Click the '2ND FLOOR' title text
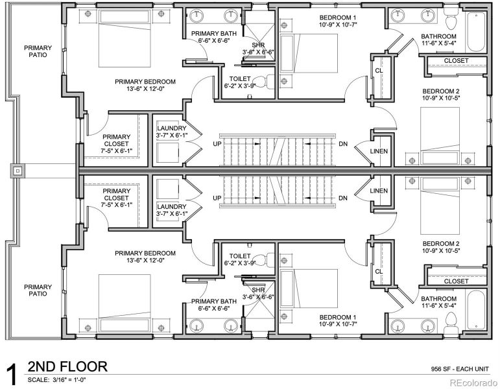click(67, 367)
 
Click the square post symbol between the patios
click(17, 171)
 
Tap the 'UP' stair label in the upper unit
click(217, 143)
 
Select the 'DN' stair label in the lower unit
click(343, 198)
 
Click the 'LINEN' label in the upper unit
click(379, 150)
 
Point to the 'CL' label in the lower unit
click(378, 272)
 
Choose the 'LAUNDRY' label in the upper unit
click(171, 128)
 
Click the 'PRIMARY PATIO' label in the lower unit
click(38, 290)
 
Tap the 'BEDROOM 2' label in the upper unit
click(441, 91)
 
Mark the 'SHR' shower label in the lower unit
click(258, 290)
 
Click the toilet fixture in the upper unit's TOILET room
click(261, 82)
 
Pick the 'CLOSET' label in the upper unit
click(456, 61)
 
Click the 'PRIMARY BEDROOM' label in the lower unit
click(145, 253)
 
